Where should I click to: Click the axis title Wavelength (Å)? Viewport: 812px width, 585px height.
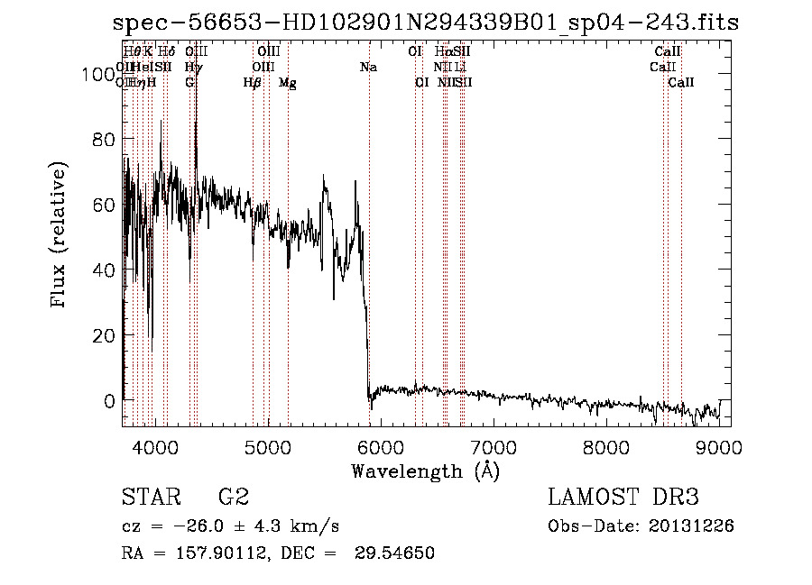(x=425, y=471)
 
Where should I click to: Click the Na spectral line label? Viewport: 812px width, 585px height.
(x=368, y=67)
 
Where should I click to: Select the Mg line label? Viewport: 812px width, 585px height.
(x=287, y=83)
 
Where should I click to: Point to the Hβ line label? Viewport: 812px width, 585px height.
(x=253, y=83)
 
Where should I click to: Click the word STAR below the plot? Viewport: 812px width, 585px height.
(x=148, y=497)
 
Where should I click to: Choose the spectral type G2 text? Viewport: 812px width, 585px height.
(x=234, y=497)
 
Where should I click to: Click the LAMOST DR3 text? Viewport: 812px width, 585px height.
(x=623, y=497)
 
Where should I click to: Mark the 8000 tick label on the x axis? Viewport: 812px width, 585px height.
(x=606, y=448)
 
